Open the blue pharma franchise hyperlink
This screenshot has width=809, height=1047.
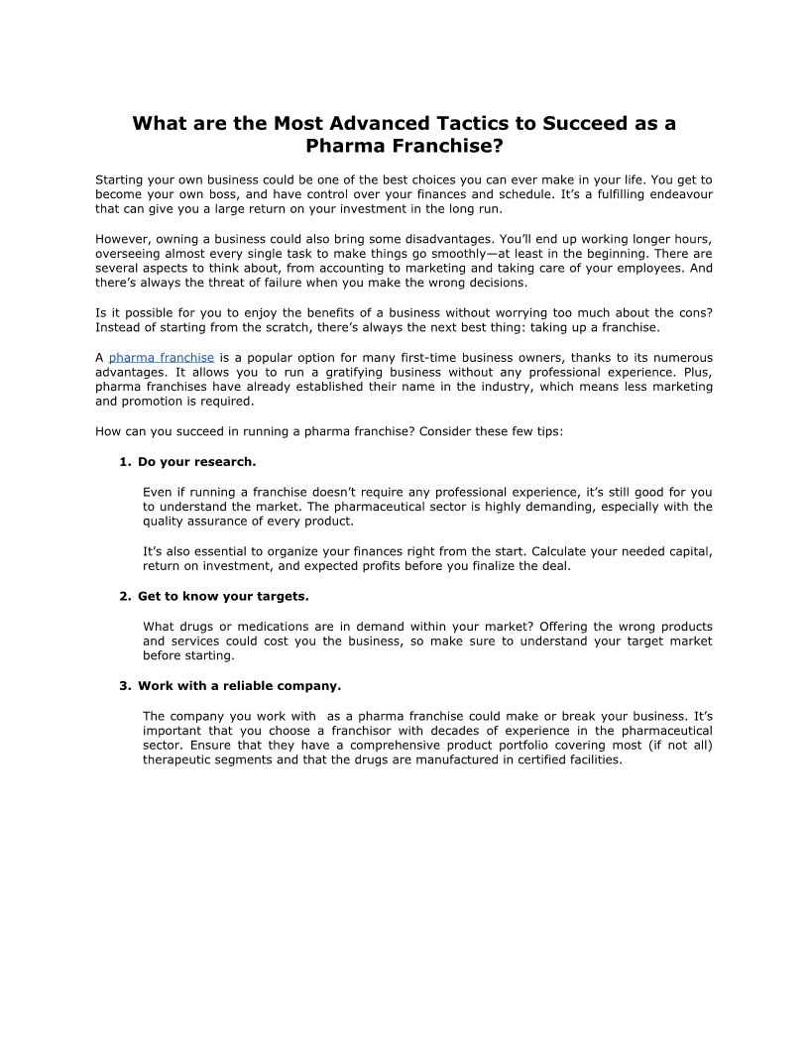(x=162, y=357)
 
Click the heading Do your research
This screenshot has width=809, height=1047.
(x=197, y=461)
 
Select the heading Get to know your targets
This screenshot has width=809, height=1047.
(x=223, y=596)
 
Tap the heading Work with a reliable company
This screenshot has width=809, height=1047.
(x=239, y=685)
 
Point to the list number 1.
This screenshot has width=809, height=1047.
(x=124, y=461)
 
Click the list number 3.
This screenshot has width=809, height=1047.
(x=124, y=685)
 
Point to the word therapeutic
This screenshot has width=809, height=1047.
(x=181, y=759)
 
